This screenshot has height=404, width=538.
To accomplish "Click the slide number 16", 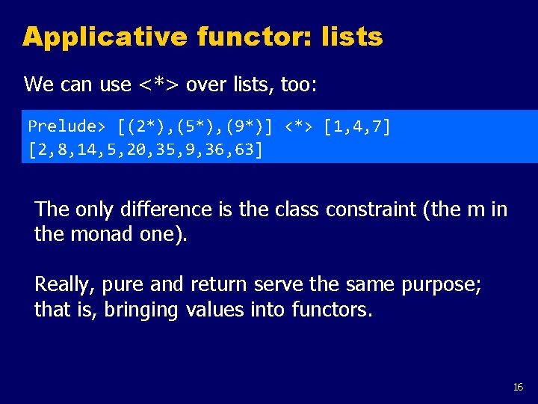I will pos(518,387).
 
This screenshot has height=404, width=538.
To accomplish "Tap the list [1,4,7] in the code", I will pos(356,126).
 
